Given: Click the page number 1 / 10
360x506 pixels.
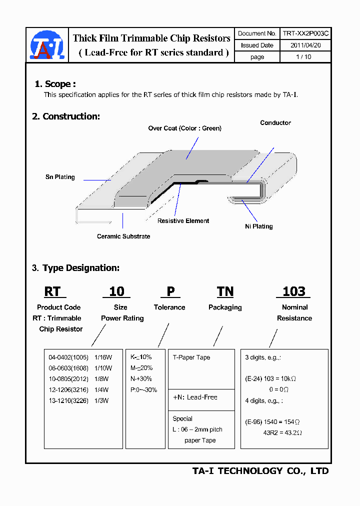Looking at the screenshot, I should (x=303, y=57).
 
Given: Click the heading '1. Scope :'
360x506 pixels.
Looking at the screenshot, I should (x=55, y=84).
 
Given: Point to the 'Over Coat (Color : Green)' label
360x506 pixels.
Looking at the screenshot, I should (x=184, y=128).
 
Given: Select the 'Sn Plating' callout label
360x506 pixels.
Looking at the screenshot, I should (x=60, y=177).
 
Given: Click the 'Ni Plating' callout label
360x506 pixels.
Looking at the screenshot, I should (x=258, y=226).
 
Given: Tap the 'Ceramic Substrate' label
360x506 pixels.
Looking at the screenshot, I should (x=123, y=236).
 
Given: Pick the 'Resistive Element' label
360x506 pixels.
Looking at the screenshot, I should (x=183, y=221).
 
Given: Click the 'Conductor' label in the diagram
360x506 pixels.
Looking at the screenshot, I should (x=275, y=123).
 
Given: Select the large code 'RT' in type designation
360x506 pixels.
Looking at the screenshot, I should (x=52, y=291).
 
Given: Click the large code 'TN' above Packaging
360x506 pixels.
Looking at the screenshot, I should (x=225, y=291).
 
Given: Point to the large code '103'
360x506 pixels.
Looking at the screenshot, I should (x=293, y=291).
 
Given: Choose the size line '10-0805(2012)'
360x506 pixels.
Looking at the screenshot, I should (x=68, y=379).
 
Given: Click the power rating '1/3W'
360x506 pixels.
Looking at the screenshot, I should (x=101, y=400).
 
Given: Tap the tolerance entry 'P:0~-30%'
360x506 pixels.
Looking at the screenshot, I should (x=144, y=390).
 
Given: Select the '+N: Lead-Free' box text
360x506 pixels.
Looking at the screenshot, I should (x=195, y=397).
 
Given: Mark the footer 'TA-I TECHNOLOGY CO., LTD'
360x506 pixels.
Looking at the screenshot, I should (x=260, y=471).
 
